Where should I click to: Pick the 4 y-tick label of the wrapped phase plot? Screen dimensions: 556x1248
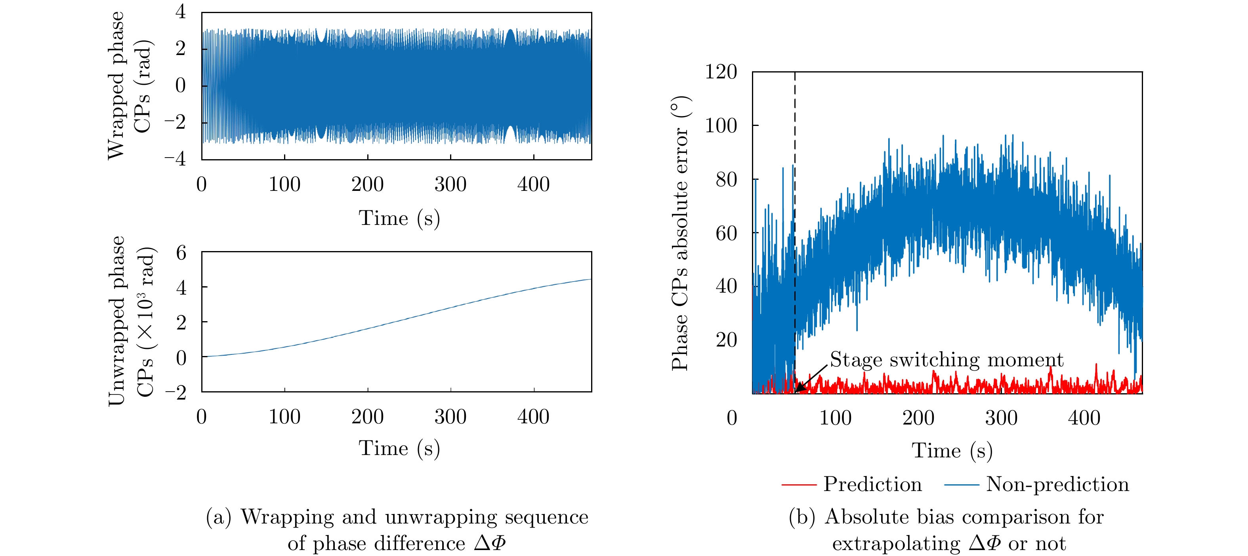coord(181,11)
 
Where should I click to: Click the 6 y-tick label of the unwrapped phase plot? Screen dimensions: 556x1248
coord(181,252)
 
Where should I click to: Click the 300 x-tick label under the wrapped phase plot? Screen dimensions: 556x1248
coord(450,185)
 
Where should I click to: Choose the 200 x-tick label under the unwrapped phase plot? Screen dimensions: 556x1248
coord(367,417)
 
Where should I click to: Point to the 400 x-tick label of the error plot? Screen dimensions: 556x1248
coord(1084,418)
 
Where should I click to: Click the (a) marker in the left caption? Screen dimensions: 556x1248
coord(218,517)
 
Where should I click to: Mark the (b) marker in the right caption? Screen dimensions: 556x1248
coord(801,517)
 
